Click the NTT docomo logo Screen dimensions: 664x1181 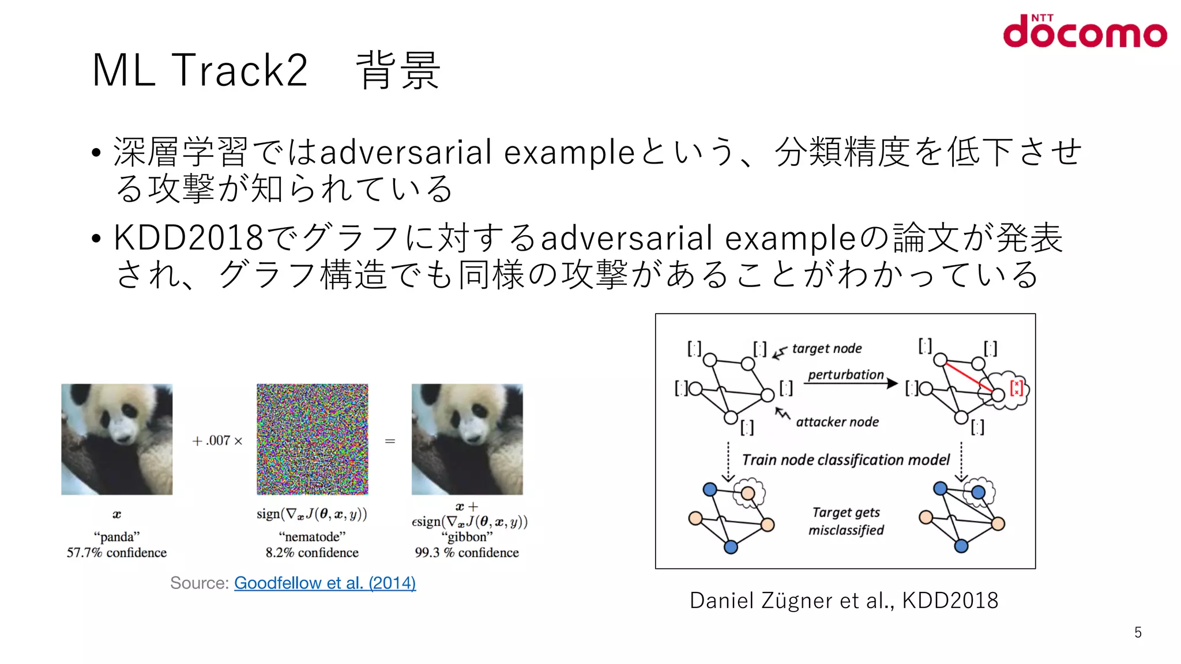tap(1084, 32)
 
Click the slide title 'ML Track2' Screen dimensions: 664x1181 tap(200, 70)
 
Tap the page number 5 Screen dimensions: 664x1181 tap(1138, 632)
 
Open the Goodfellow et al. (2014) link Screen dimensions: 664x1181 tap(325, 583)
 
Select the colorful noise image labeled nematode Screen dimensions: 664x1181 tap(312, 439)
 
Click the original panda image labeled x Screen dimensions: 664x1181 tap(117, 439)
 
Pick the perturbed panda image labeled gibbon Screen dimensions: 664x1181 tap(467, 439)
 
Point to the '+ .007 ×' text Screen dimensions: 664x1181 tap(217, 441)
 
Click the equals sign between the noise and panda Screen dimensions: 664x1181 tap(390, 442)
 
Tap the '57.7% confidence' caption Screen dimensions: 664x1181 tap(116, 553)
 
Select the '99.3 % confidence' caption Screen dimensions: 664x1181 tap(467, 553)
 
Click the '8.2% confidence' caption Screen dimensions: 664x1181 tap(312, 553)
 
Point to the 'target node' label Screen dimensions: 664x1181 tap(826, 349)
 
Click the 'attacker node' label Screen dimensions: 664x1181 tap(837, 422)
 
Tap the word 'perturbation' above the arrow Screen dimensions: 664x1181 tap(845, 375)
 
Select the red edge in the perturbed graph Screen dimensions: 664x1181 tap(969, 378)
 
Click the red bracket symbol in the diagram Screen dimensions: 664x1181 tap(1016, 387)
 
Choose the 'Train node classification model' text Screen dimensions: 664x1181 tap(845, 460)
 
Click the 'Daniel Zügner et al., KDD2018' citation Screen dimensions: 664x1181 tap(844, 601)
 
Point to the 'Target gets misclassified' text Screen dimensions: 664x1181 tap(846, 521)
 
